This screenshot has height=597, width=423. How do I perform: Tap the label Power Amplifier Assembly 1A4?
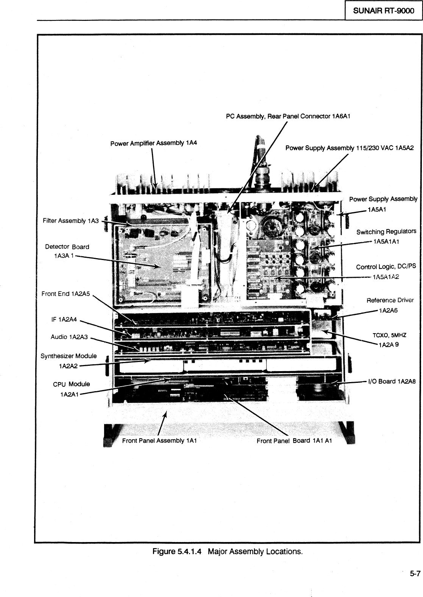(x=154, y=143)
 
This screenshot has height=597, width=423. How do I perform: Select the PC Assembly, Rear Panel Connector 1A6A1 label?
(x=288, y=116)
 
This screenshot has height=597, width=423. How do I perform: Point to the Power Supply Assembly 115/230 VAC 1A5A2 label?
(x=350, y=148)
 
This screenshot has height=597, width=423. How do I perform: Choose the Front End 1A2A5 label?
(x=66, y=293)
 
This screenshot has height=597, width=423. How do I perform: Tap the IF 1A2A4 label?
(x=64, y=320)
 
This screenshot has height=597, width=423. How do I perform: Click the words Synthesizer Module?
(x=69, y=356)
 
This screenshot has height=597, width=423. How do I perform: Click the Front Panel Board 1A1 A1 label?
(x=294, y=441)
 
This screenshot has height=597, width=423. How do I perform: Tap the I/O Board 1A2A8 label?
(x=392, y=381)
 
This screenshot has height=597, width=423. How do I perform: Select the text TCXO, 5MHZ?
(x=389, y=335)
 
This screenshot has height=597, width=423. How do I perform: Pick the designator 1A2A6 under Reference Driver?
(x=388, y=311)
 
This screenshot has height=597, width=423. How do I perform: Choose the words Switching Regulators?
(x=386, y=231)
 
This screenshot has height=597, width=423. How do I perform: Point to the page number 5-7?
(x=414, y=573)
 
